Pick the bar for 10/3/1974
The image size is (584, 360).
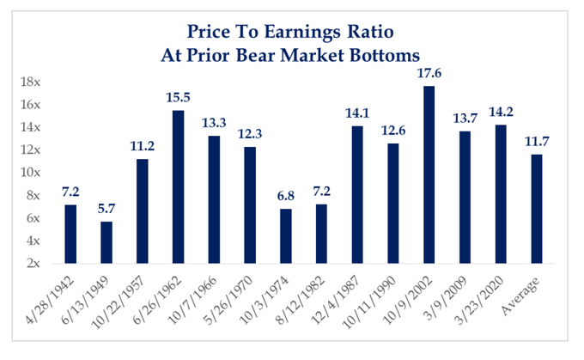[286, 235]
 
